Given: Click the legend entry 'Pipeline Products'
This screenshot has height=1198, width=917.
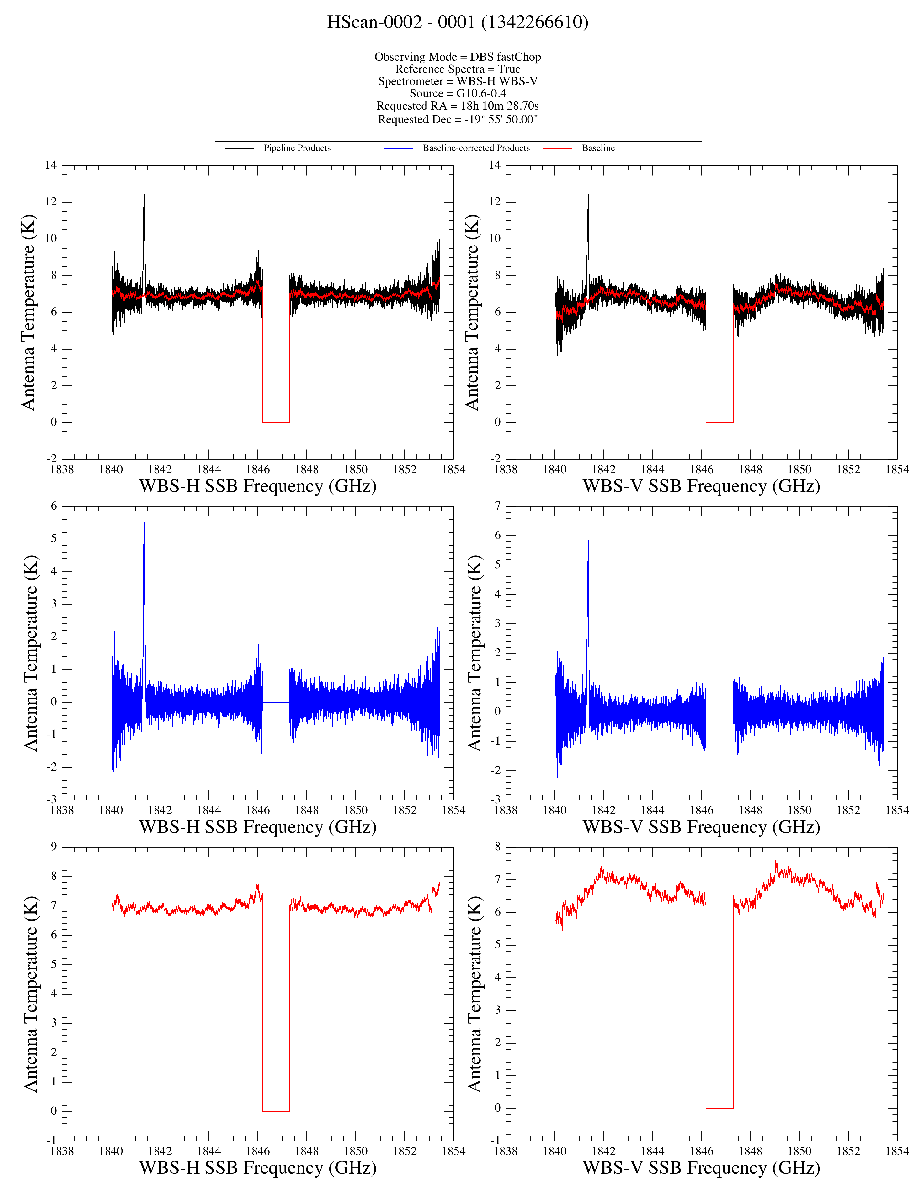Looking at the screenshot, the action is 297,148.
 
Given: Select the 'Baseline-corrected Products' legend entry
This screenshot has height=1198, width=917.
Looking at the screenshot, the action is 476,148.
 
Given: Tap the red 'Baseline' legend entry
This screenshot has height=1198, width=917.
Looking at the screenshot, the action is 598,148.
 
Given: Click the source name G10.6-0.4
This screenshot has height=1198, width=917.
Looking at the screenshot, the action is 481,93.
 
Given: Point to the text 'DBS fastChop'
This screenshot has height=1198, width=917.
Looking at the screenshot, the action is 506,57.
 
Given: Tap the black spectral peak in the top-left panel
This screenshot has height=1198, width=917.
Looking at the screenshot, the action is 144,192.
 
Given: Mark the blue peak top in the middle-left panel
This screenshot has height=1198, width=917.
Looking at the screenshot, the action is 144,518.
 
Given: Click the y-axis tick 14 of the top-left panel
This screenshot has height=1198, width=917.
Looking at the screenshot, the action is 51,165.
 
